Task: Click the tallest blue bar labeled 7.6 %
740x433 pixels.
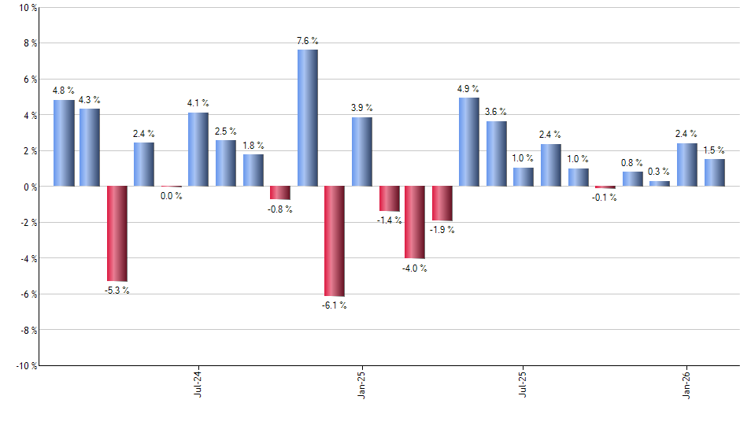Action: pyautogui.click(x=308, y=118)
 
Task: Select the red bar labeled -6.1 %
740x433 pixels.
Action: pyautogui.click(x=335, y=241)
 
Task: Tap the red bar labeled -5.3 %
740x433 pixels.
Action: pyautogui.click(x=117, y=233)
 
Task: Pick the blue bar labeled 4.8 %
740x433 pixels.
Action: pyautogui.click(x=64, y=143)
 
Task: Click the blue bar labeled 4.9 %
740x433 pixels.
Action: pyautogui.click(x=469, y=142)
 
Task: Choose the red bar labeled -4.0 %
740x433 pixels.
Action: pyautogui.click(x=415, y=222)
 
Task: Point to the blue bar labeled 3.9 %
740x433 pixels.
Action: pyautogui.click(x=362, y=152)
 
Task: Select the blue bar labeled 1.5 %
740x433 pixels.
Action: pyautogui.click(x=715, y=172)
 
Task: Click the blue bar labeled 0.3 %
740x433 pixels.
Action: pyautogui.click(x=660, y=183)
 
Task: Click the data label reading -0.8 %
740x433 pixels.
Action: pyautogui.click(x=279, y=209)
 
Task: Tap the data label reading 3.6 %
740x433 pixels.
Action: pyautogui.click(x=496, y=112)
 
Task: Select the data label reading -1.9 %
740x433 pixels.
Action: pyautogui.click(x=442, y=230)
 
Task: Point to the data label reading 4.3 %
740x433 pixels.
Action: pyautogui.click(x=90, y=100)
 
